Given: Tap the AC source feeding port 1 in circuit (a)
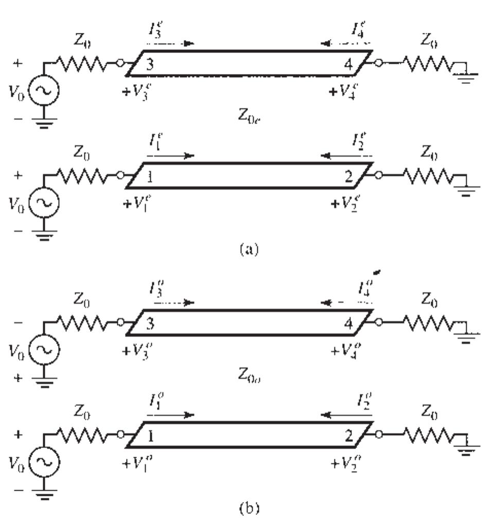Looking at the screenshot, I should (x=44, y=201).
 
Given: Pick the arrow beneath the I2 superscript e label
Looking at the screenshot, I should (x=345, y=155).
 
